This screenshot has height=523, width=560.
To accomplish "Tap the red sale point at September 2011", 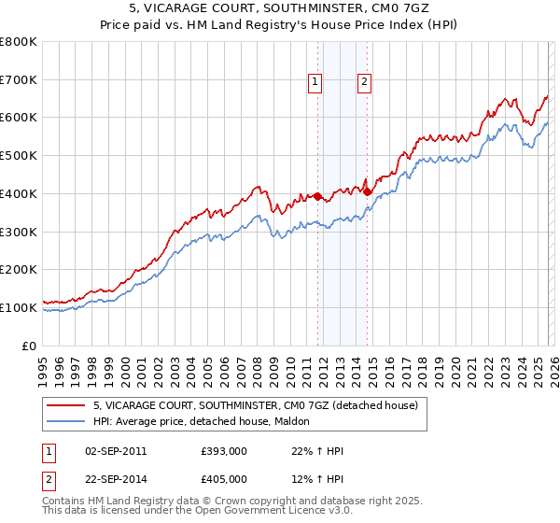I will [317, 196].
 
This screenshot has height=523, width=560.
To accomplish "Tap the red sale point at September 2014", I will [368, 191].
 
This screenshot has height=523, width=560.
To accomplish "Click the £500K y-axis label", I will [21, 156].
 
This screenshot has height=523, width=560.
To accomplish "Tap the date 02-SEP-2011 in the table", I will [116, 451].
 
